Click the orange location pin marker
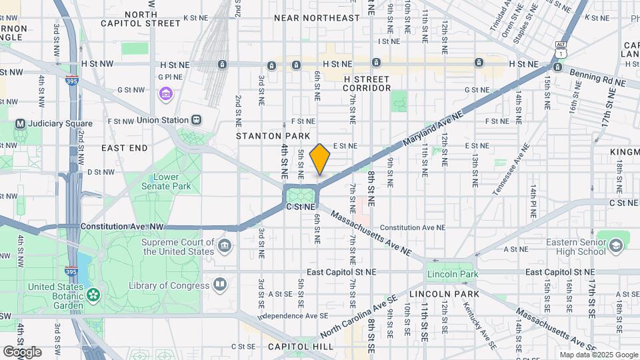320,159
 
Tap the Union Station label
163,120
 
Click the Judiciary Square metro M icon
20,123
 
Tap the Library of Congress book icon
219,285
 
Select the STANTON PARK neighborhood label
269,136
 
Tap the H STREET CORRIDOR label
367,83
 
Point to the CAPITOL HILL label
295,347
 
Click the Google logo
22,351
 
